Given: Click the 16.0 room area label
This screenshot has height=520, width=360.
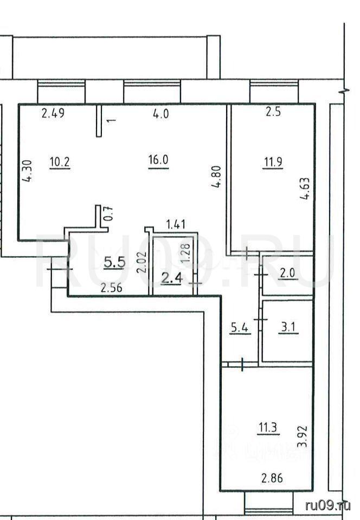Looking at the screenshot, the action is coord(159,160).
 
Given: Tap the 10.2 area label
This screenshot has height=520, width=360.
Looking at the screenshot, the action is coord(60,162).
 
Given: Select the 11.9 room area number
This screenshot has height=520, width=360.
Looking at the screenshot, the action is coord(273,162).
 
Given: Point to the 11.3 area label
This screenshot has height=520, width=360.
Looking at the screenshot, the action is coord(268,427).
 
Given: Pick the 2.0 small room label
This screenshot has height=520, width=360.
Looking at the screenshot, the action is coord(287,273).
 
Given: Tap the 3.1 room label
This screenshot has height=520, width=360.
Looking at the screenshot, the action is coord(288,328).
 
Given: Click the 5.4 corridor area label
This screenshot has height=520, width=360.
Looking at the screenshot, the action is coord(240,328).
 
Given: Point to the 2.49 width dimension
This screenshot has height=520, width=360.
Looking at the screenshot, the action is coord(53,113).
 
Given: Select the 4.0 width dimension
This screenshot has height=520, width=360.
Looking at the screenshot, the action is coord(161,114).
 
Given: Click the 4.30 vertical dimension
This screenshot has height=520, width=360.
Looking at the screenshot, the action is coord(27,171).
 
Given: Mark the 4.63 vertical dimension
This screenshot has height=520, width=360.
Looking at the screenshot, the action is coord(305,188).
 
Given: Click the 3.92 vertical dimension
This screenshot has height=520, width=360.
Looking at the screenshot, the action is coord(303,437).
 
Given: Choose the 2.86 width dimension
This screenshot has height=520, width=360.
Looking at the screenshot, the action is coord(272,478).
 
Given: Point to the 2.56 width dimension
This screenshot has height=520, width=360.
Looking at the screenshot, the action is coord(112,288).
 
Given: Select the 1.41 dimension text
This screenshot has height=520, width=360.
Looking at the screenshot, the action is coord(176,224).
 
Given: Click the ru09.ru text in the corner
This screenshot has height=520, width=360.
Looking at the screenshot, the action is coord(327,505).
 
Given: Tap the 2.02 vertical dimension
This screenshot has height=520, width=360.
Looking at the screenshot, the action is coord(142,262).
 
